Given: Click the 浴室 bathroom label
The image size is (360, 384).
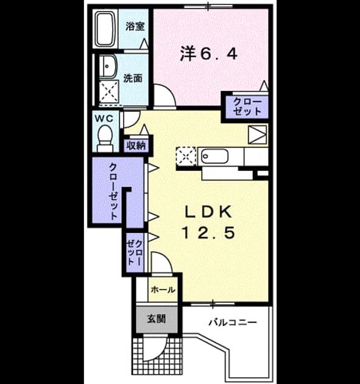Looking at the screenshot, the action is point(135,26).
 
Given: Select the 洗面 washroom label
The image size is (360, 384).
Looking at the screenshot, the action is point(132,79).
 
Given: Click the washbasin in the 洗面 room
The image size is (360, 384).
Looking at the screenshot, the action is point(108,66).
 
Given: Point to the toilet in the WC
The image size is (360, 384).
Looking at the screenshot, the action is point(105,138).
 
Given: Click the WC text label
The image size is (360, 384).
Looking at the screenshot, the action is point(104,119).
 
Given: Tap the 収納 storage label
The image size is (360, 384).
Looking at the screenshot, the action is point(136,146).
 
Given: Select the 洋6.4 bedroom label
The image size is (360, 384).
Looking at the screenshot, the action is point(209,54).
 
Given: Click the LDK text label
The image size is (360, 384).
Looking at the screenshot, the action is point(208,212).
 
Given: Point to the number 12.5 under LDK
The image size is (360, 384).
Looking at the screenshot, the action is point(209,232).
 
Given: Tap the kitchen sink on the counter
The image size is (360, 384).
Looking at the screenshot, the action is point(214,156).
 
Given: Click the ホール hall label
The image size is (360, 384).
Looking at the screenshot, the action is point(163,290).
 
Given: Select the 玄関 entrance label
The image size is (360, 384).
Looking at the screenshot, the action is point(157,319).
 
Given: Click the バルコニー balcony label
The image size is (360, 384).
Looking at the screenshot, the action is point(233,322).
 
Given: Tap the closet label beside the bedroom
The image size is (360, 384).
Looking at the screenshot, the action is point(247,107).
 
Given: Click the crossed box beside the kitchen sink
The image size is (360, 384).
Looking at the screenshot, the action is point(186,157).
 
